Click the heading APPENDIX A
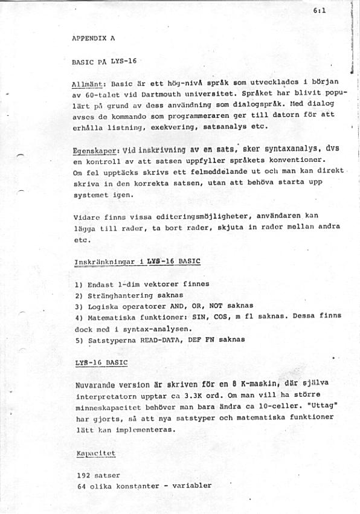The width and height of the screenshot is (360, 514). (93, 37)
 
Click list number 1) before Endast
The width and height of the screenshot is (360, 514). (79, 284)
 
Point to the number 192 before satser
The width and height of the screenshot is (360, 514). (84, 475)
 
